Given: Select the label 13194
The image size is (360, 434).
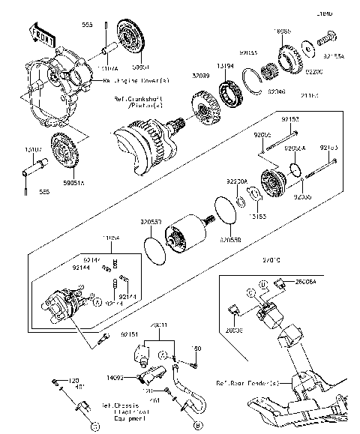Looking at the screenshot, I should pos(226,66).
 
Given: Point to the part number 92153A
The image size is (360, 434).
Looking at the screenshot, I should pos(334,55).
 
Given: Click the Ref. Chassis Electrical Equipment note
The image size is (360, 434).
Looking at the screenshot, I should pos(123,412).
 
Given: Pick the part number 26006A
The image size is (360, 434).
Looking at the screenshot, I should pos(304,283).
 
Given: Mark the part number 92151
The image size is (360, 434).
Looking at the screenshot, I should pos(129,335).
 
